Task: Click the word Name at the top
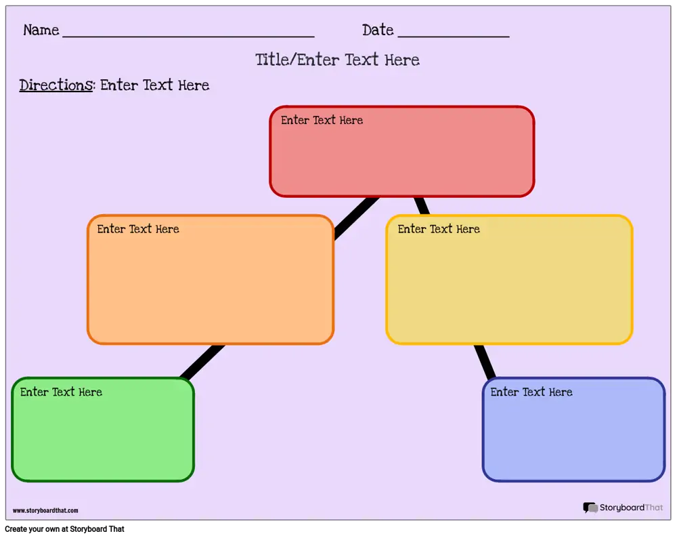pyautogui.click(x=41, y=30)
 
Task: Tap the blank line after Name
pyautogui.click(x=188, y=37)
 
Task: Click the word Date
pyautogui.click(x=378, y=30)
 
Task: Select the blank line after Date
pyautogui.click(x=454, y=37)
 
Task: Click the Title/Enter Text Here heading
pyautogui.click(x=337, y=60)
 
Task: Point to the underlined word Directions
pyautogui.click(x=56, y=85)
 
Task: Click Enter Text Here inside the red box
pyautogui.click(x=322, y=120)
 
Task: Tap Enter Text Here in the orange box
pyautogui.click(x=137, y=229)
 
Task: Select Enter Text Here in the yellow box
pyautogui.click(x=439, y=229)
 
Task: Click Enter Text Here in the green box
pyautogui.click(x=61, y=392)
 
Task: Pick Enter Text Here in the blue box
pyautogui.click(x=531, y=392)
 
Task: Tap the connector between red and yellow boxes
pyautogui.click(x=421, y=206)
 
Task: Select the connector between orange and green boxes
pyautogui.click(x=202, y=362)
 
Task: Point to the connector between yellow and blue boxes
pyautogui.click(x=485, y=362)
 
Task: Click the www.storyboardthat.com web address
pyautogui.click(x=45, y=510)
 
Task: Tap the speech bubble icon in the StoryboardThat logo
pyautogui.click(x=590, y=508)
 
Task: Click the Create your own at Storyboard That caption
pyautogui.click(x=64, y=529)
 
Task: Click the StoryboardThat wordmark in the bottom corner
pyautogui.click(x=631, y=508)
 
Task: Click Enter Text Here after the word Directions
pyautogui.click(x=154, y=85)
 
